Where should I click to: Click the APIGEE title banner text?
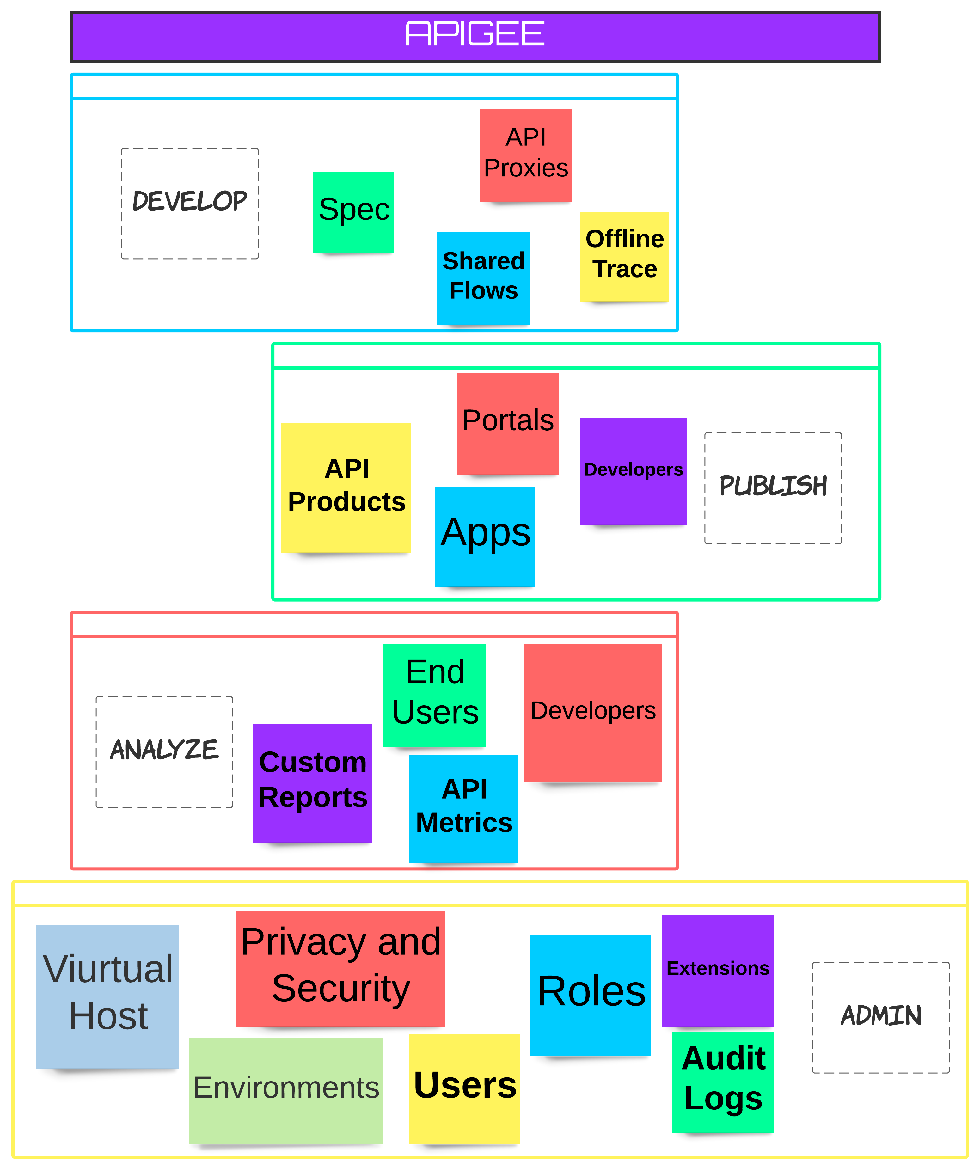click(x=475, y=34)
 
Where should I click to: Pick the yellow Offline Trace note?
click(x=624, y=256)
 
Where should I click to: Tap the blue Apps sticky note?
click(x=485, y=535)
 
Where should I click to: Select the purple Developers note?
click(x=633, y=471)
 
